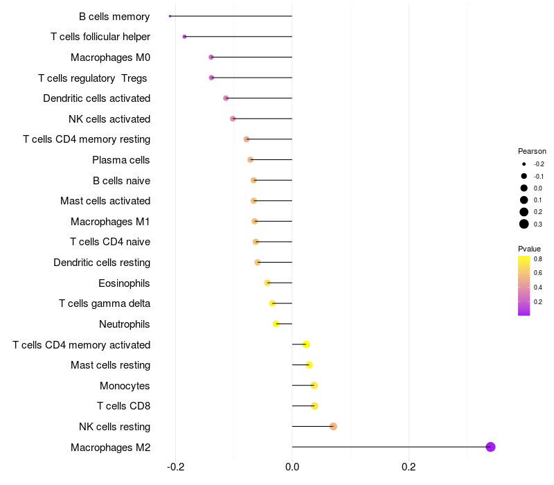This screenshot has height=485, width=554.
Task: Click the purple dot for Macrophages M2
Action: tap(490, 447)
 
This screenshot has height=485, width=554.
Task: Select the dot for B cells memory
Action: tap(170, 16)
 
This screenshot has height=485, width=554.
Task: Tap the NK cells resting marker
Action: tap(333, 426)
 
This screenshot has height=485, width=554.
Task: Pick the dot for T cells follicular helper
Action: tap(184, 37)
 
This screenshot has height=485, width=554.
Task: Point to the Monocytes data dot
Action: tap(314, 385)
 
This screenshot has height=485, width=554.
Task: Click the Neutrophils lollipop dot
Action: tap(276, 324)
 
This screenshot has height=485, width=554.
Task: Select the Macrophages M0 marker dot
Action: tap(211, 57)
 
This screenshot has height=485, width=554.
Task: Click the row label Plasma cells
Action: tap(121, 160)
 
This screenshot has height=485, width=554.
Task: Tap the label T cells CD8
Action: tap(123, 406)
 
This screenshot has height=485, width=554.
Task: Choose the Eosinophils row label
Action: tap(124, 283)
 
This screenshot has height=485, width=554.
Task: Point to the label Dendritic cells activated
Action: tap(96, 98)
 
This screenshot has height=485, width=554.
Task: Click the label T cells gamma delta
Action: tap(105, 303)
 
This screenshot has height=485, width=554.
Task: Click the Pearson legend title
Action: tap(532, 151)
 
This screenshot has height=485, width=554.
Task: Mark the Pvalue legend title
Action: tap(530, 249)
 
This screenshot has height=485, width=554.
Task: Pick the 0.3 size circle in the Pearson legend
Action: tap(524, 224)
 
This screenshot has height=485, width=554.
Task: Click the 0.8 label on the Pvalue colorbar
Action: tap(538, 258)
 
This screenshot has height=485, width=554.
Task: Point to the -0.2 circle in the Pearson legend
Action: tap(524, 164)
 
